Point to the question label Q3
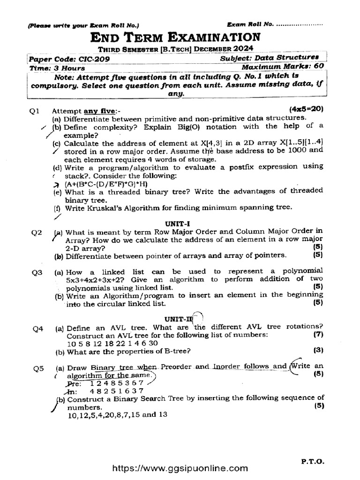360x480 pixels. [x=37, y=272]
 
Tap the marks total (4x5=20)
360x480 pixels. [x=307, y=109]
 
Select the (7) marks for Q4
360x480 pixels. [x=318, y=335]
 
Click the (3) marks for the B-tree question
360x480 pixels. [x=318, y=350]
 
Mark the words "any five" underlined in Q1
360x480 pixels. [x=99, y=111]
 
